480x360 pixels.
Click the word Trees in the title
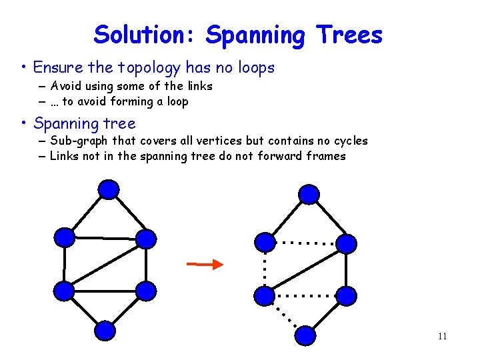[351, 35]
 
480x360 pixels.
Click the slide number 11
[442, 337]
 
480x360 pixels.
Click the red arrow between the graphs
[205, 265]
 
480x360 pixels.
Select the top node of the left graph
[109, 189]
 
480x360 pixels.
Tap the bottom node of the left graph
[105, 331]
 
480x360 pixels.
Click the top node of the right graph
[308, 194]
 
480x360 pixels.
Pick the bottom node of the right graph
[305, 335]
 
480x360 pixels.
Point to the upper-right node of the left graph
[145, 239]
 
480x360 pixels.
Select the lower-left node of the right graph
[265, 295]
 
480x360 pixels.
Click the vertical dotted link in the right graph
[265, 268]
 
